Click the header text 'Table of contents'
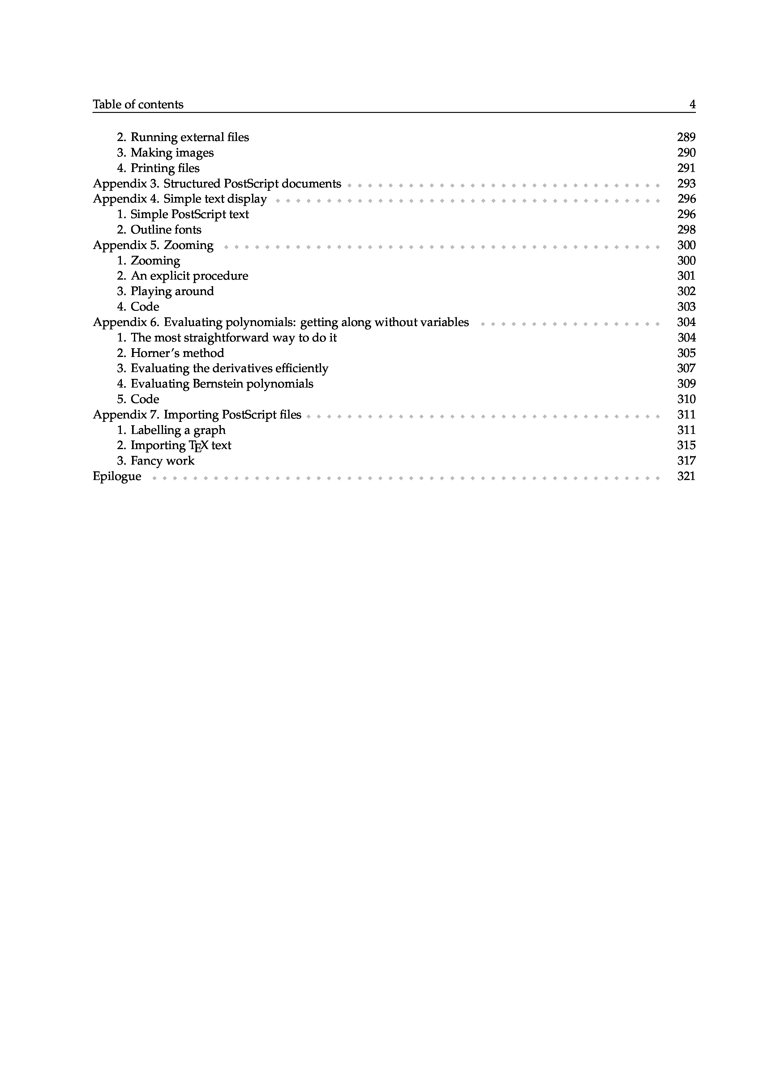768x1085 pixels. (138, 105)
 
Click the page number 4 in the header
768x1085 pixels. (692, 105)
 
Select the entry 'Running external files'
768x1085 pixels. (189, 137)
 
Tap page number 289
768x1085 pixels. (686, 137)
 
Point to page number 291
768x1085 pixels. (686, 168)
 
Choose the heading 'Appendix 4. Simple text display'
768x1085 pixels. (180, 199)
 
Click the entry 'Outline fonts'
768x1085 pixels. (165, 230)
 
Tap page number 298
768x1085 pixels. (686, 230)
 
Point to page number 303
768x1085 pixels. (686, 307)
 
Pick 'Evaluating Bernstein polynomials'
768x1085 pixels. (221, 384)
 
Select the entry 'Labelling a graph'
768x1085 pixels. (178, 430)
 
